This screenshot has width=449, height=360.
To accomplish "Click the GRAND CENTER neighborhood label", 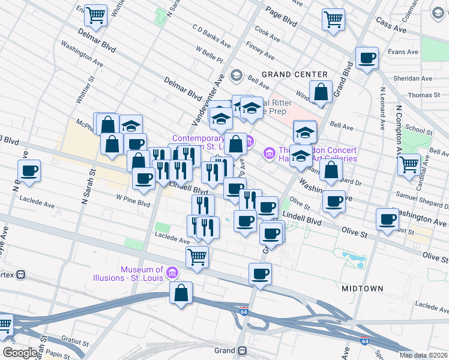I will tap(294, 74).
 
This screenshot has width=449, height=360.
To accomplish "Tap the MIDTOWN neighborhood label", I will tap(362, 289).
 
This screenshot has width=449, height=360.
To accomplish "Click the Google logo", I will tap(20, 353).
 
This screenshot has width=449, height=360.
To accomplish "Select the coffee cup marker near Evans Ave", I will tap(366, 58).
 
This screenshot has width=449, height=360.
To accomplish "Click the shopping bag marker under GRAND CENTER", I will tap(322, 92).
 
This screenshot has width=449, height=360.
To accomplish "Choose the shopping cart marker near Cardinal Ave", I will tap(409, 163).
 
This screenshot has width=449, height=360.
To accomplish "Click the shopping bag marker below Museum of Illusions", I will tap(181, 293).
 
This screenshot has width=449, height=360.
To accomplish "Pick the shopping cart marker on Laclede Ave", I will tap(197, 257).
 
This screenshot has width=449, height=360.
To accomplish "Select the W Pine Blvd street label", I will tap(133, 203).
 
